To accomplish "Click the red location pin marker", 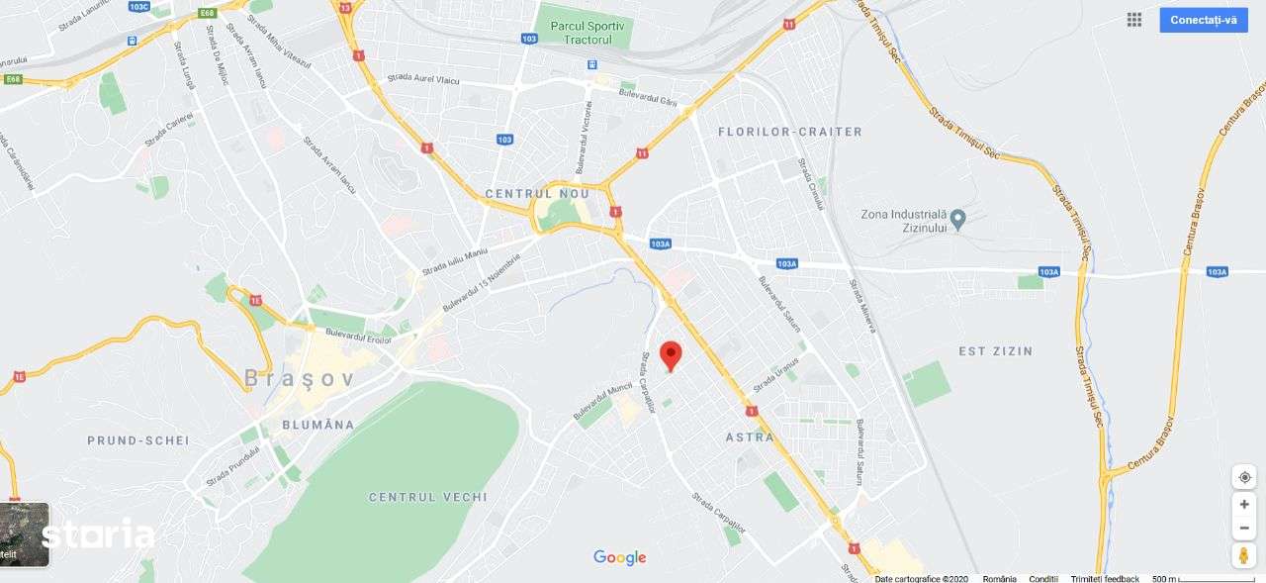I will point(671,354).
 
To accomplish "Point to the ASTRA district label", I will point(750,437).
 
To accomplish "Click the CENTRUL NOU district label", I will point(532,193).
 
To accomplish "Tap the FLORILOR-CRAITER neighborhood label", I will point(789,132).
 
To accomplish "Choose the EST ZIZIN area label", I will point(995,351).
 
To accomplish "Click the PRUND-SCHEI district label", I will point(138,440).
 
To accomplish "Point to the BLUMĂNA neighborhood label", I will point(317,425).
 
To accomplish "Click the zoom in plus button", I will point(1244,504).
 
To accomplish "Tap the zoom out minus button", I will point(1244,529).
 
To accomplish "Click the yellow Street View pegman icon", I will point(1244,555).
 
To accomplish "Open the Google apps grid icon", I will point(1134,20).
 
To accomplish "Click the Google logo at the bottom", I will point(620,558).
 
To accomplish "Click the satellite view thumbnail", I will point(24,534).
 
